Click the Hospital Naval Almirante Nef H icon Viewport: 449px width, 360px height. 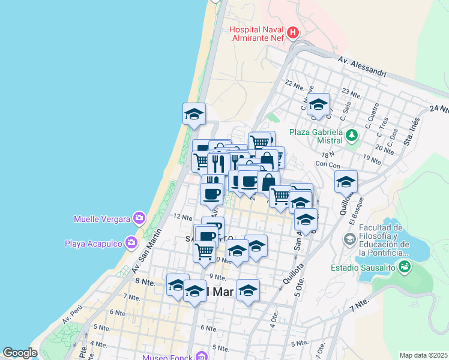click(292, 32)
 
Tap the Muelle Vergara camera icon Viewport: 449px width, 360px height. click(139, 218)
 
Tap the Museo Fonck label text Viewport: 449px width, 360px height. click(167, 358)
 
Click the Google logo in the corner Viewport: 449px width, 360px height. click(19, 353)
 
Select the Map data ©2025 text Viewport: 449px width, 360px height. click(423, 355)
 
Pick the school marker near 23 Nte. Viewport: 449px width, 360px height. click(318, 104)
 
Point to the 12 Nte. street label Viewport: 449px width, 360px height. click(182, 216)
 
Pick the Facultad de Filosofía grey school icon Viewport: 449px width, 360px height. click(349, 240)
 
